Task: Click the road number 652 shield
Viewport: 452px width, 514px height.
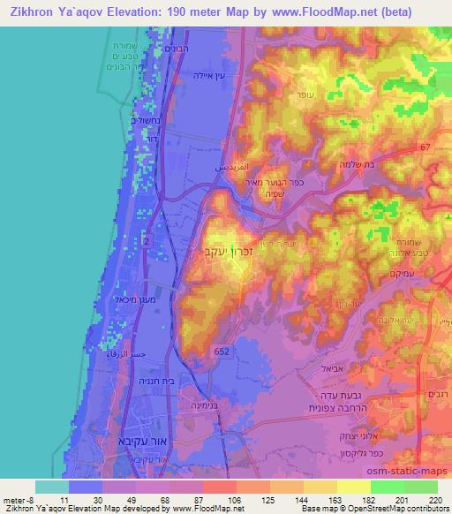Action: click(223, 351)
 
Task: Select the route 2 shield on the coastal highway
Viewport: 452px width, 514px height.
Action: click(146, 239)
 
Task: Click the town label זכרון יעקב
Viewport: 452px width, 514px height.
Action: click(224, 252)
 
